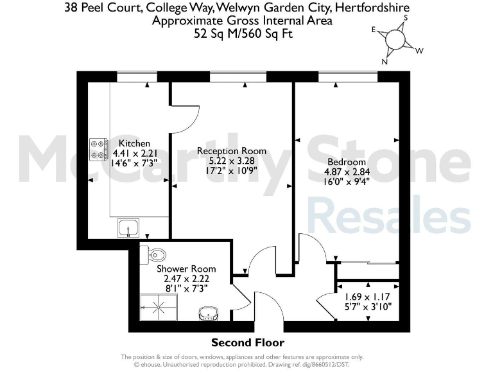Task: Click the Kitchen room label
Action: [x=134, y=143]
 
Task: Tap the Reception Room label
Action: [x=231, y=151]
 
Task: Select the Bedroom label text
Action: [x=346, y=162]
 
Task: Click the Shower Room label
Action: [x=186, y=269]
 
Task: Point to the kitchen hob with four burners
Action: [x=98, y=149]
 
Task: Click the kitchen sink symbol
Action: [x=129, y=227]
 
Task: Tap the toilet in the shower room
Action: [x=145, y=254]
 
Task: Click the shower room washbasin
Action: [x=208, y=313]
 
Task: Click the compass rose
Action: [x=397, y=40]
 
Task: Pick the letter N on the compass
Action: [x=385, y=62]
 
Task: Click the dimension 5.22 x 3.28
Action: [x=231, y=161]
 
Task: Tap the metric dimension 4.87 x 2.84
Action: [x=347, y=172]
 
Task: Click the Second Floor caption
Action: [x=247, y=342]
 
